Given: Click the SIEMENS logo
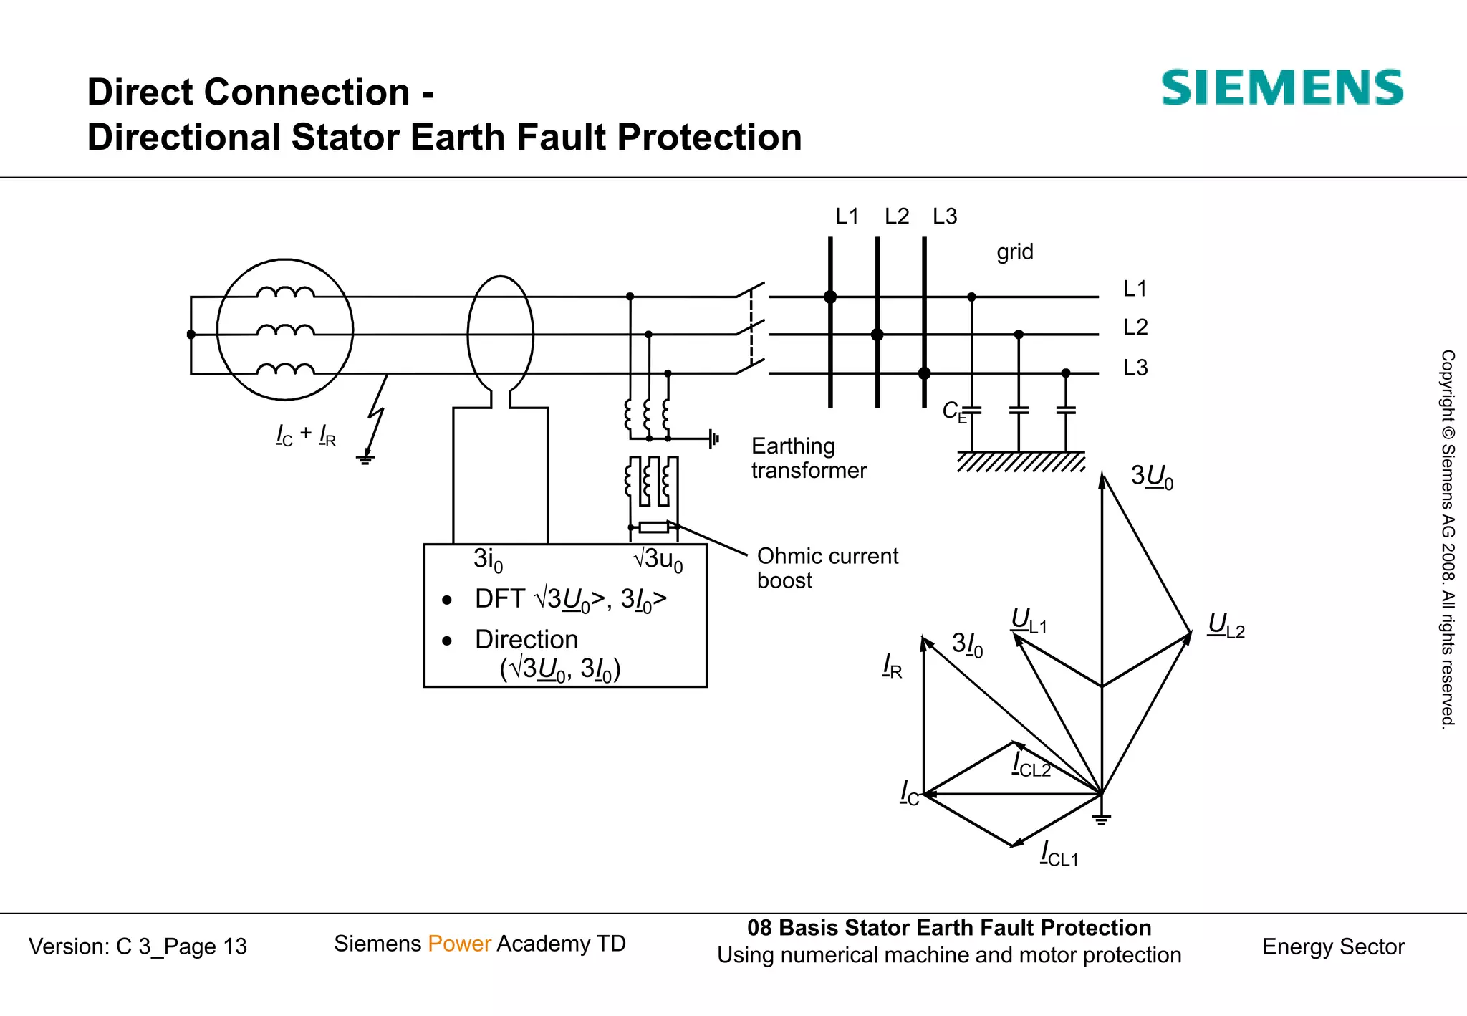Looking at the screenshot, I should click(x=1281, y=88).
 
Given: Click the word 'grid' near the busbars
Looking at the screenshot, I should click(x=1014, y=252).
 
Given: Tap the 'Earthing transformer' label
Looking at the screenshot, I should click(x=808, y=458).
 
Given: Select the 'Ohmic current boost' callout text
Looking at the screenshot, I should click(x=827, y=567).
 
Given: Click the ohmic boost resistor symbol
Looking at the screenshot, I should click(x=653, y=528).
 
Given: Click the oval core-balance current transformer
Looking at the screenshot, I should click(x=501, y=335).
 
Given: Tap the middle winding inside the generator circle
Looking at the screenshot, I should click(x=285, y=331).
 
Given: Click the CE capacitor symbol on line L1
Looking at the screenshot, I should click(x=971, y=411).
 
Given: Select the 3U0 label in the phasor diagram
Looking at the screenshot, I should click(x=1151, y=476).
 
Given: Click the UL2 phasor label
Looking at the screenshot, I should click(x=1226, y=626).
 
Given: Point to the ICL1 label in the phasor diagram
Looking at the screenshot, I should click(x=1059, y=854).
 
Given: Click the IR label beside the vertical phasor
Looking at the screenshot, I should click(x=892, y=666).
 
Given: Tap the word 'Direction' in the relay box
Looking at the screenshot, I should click(x=526, y=639).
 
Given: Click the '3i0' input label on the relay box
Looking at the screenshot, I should click(x=488, y=560).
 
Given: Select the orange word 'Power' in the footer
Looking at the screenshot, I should click(x=459, y=944).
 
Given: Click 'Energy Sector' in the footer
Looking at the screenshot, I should click(x=1332, y=946).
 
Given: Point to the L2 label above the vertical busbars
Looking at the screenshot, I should click(x=896, y=216).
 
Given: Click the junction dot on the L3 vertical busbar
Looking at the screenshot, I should click(x=924, y=373).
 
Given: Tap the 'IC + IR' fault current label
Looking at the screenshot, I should click(x=306, y=434).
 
